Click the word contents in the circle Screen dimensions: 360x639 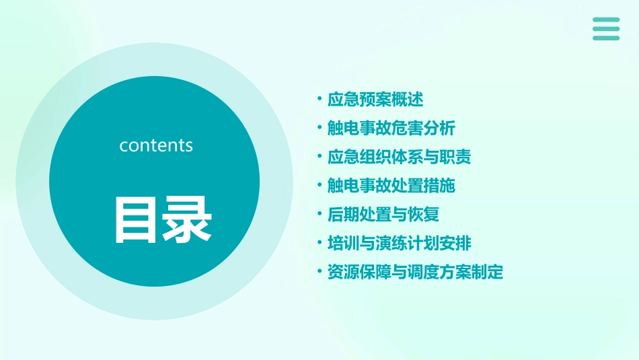[156, 145]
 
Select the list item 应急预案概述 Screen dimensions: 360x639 [375, 100]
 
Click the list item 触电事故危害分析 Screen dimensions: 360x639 [391, 128]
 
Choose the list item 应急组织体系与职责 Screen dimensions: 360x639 [399, 157]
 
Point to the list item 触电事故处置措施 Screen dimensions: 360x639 [391, 186]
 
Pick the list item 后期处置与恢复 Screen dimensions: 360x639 [383, 215]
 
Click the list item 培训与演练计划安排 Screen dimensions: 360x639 [399, 243]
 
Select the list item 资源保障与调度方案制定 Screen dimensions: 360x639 [415, 272]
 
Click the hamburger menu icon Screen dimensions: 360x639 [606, 29]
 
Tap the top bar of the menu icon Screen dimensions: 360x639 [606, 20]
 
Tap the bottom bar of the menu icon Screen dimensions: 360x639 [606, 38]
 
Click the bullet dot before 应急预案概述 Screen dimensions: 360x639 [319, 99]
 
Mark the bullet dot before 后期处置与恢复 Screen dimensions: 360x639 [319, 214]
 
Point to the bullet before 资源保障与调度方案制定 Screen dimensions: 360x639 [319, 271]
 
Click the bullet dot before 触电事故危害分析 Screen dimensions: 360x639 [319, 127]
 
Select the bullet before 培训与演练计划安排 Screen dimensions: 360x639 [319, 242]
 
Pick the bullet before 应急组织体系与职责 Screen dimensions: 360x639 [319, 156]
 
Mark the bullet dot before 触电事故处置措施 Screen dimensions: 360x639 [319, 185]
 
